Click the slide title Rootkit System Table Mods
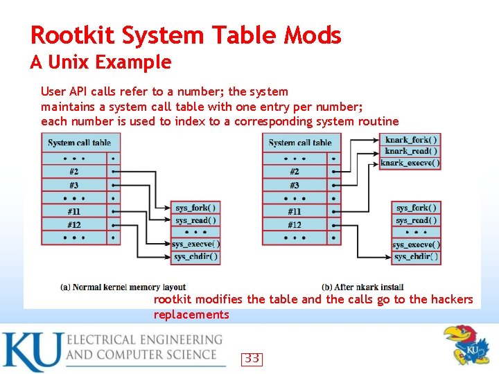[186, 35]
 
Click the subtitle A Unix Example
[100, 62]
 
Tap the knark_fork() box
[411, 139]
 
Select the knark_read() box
[411, 151]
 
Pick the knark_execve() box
[411, 163]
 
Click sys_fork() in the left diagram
[195, 208]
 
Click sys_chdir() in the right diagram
[416, 257]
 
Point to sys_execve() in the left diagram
[195, 244]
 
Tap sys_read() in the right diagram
[416, 220]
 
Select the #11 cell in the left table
[74, 211]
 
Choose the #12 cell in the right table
[295, 224]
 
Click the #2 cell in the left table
[74, 171]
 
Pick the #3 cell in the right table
[295, 185]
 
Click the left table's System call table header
[79, 143]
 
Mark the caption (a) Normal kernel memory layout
[123, 287]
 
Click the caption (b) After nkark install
[362, 287]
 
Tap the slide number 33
[252, 359]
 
